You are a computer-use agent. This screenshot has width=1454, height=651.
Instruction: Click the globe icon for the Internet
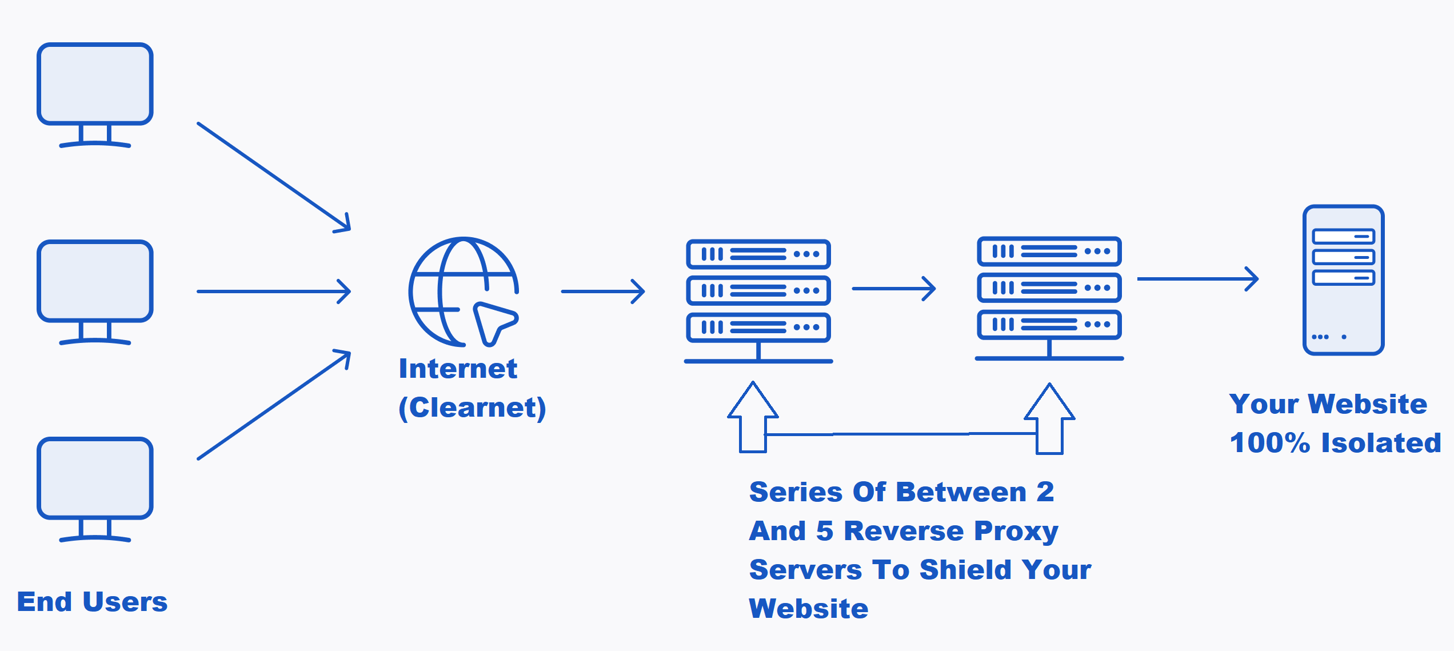pos(452,286)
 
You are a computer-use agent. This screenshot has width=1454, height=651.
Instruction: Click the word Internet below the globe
pos(458,369)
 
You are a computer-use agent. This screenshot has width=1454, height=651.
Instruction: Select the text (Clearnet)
pos(472,408)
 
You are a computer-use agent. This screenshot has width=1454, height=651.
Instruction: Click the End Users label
pos(92,602)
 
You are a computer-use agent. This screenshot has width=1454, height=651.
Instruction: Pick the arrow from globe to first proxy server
pos(603,291)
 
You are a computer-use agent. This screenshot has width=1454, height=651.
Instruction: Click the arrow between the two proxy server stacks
pos(893,289)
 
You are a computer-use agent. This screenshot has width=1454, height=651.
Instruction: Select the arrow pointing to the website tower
pos(1197,279)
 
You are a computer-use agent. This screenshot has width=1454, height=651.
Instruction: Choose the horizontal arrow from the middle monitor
pos(274,291)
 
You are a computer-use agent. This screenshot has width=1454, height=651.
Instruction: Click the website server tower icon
pos(1343,280)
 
